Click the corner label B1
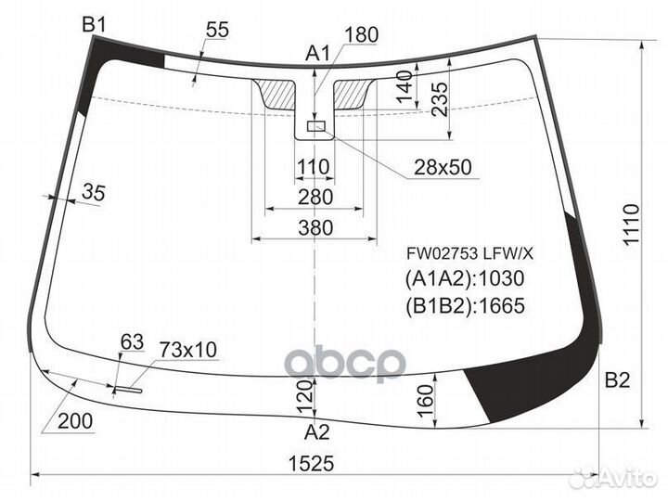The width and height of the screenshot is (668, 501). (x=94, y=25)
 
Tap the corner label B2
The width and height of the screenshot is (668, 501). (x=617, y=380)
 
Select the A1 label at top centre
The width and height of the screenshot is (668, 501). (x=318, y=54)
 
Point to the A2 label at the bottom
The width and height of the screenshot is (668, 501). (x=317, y=432)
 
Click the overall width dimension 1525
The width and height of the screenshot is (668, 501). (x=312, y=463)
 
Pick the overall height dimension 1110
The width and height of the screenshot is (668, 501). (x=631, y=225)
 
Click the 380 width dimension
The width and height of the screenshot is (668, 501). (x=315, y=228)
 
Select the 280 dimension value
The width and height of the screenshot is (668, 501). (x=315, y=198)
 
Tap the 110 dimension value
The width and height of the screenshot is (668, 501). (x=314, y=167)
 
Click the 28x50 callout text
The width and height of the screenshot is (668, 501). (x=443, y=167)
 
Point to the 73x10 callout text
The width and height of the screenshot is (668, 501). (x=188, y=350)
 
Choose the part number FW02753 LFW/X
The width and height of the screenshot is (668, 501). (x=469, y=254)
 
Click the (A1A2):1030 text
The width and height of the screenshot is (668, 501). (x=465, y=278)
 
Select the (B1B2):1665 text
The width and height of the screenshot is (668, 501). (x=465, y=305)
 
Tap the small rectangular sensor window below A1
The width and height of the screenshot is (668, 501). (x=316, y=126)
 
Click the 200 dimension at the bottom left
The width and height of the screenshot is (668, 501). (x=75, y=421)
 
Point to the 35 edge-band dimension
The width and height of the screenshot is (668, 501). (x=94, y=192)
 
